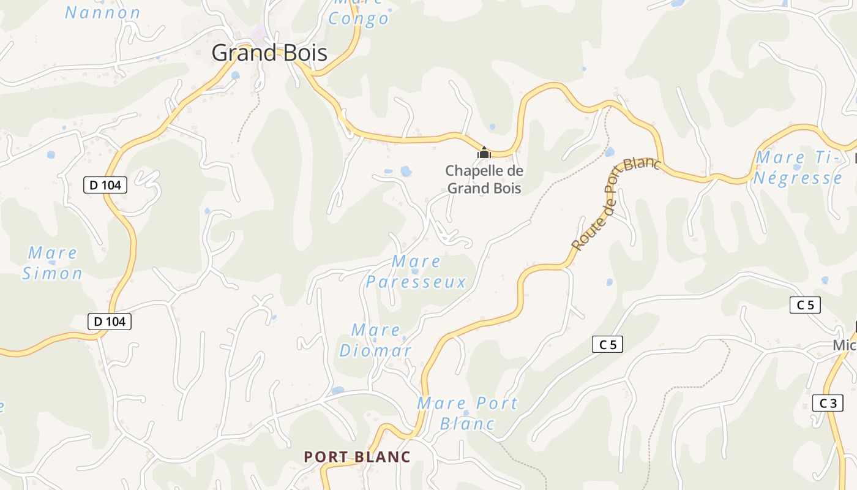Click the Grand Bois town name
(x=269, y=53)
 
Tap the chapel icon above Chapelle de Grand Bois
(x=484, y=153)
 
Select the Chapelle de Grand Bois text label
(x=484, y=179)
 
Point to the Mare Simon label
(x=53, y=263)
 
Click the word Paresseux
(x=416, y=282)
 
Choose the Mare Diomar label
(x=375, y=341)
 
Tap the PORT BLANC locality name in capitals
(x=357, y=457)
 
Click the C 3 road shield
(x=828, y=403)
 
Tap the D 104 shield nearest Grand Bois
(x=105, y=185)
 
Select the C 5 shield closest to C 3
(x=804, y=305)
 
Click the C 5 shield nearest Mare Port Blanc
(x=607, y=345)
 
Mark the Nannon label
(x=103, y=12)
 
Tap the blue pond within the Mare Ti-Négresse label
(x=798, y=167)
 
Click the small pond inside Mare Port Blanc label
(x=466, y=413)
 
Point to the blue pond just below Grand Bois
(x=236, y=75)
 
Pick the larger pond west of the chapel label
(x=406, y=171)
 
